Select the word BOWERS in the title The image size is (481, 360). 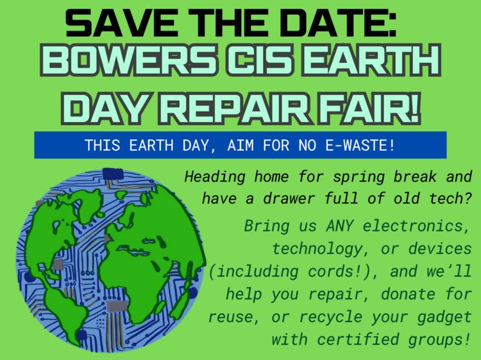click(x=128, y=60)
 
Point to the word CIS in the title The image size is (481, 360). click(x=261, y=60)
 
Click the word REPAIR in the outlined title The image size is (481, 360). click(x=235, y=108)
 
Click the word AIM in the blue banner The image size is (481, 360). click(x=240, y=145)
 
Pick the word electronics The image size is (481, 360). click(x=416, y=227)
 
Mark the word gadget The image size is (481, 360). click(x=444, y=318)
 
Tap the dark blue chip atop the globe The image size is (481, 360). click(x=113, y=174)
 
